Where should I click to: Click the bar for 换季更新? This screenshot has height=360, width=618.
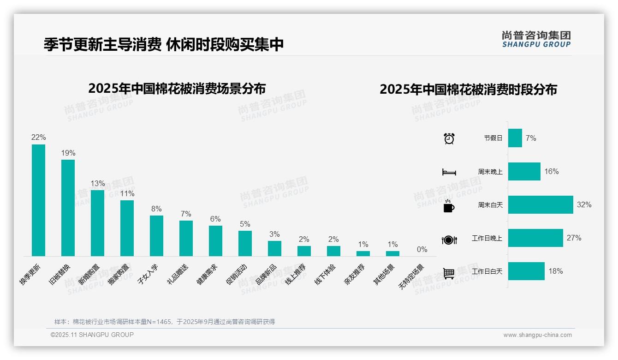point(38,200)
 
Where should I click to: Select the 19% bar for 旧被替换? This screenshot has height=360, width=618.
point(68,208)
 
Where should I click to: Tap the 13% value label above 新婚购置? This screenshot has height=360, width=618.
point(98,184)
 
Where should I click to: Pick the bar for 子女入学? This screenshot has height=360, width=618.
point(156,235)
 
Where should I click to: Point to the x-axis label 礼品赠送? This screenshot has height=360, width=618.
point(179,274)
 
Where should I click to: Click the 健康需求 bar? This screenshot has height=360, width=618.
point(215,240)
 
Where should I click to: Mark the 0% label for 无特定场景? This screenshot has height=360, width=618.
point(422,250)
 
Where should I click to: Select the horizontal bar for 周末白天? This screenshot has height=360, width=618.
point(540,204)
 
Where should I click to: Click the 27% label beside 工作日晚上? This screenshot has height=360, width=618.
point(574,238)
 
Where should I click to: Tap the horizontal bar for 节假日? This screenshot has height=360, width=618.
point(515,138)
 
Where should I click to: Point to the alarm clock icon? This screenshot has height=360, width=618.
point(449,138)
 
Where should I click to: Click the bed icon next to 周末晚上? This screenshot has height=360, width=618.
point(449,172)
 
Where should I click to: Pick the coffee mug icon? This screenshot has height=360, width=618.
point(449,206)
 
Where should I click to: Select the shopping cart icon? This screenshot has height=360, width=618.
point(449,273)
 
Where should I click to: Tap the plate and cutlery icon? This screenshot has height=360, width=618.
point(449,240)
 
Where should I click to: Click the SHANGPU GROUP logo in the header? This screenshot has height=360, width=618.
point(536,39)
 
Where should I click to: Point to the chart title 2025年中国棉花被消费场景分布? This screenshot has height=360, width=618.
point(177,88)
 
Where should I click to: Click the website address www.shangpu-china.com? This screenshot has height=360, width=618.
point(537,335)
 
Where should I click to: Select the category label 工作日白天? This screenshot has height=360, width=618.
point(487,271)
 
